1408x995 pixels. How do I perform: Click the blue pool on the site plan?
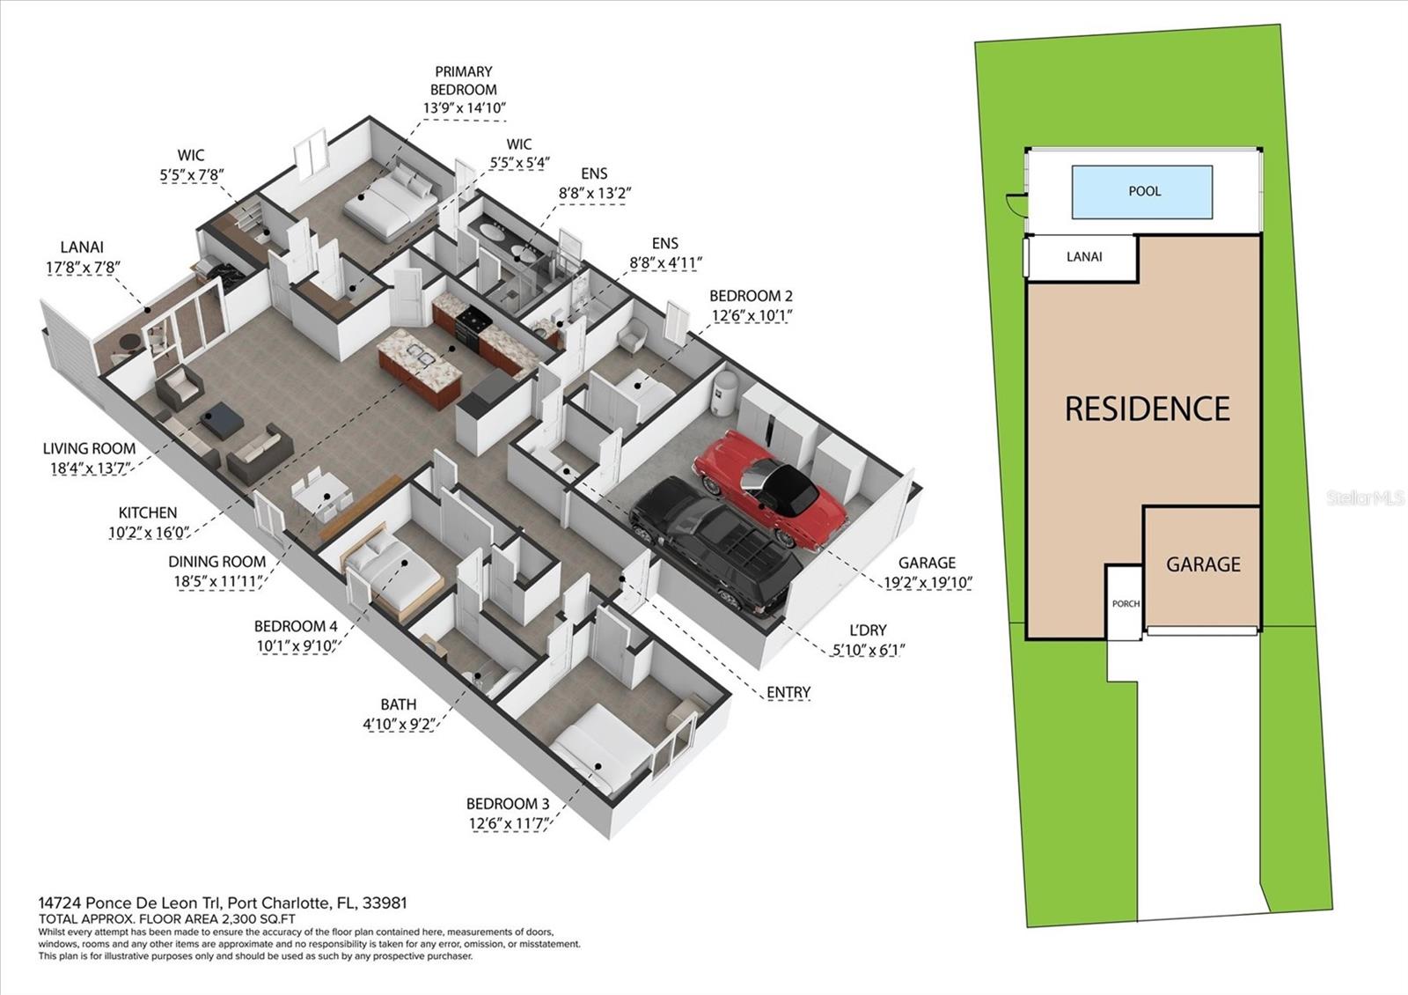click(1142, 192)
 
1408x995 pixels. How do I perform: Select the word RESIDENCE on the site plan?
click(1148, 409)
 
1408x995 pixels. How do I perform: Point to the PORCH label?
click(1126, 604)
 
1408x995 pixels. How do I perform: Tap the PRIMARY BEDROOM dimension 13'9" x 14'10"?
click(464, 108)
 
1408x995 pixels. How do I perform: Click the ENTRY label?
click(788, 692)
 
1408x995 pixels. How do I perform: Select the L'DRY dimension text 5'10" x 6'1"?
click(868, 650)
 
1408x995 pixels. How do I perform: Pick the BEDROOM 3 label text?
click(508, 804)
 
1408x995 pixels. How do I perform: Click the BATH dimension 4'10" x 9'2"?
click(399, 724)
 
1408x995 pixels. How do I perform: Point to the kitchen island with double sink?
click(420, 366)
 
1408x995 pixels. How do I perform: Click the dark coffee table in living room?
click(221, 419)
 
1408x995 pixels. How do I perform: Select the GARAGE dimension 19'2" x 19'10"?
click(928, 582)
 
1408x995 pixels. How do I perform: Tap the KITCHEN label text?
click(148, 512)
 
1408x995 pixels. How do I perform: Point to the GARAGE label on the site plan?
click(1203, 564)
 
